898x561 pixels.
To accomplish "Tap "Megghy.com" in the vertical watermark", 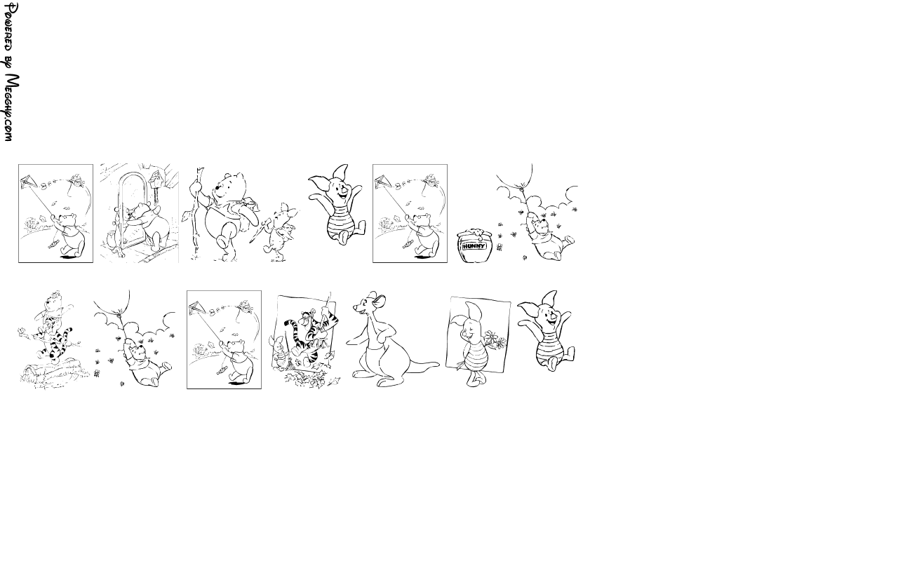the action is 11,108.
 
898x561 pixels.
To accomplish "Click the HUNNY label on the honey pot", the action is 474,246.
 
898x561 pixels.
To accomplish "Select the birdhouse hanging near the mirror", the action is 156,179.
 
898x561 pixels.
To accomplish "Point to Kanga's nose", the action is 355,307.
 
